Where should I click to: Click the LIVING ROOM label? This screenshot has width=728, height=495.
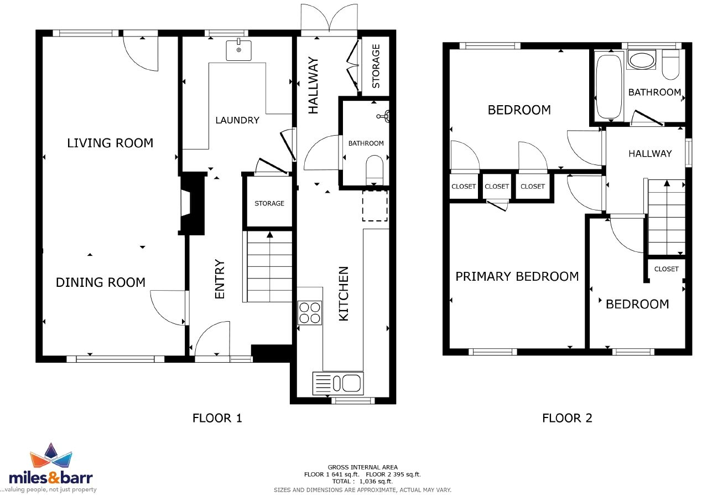click(110, 143)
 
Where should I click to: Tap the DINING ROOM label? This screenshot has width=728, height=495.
click(101, 282)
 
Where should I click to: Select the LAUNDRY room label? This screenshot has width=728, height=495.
click(237, 120)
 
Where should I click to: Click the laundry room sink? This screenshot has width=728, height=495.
click(238, 50)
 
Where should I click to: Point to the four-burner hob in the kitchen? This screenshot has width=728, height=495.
click(310, 313)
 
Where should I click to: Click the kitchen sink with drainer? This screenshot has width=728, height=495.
click(338, 383)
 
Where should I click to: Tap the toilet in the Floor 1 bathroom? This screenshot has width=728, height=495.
click(375, 171)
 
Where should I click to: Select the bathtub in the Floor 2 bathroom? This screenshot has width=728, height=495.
click(609, 87)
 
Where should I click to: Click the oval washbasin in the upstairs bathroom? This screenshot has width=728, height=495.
click(642, 60)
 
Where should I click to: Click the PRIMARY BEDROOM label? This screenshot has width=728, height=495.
click(517, 276)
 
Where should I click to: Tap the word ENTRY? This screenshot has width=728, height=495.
click(220, 279)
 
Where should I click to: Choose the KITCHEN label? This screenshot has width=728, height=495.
click(344, 293)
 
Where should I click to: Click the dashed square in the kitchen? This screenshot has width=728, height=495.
click(375, 206)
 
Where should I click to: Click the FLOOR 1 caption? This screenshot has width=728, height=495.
click(217, 418)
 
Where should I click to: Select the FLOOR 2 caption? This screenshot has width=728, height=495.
click(567, 418)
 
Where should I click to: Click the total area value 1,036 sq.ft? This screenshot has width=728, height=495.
click(376, 481)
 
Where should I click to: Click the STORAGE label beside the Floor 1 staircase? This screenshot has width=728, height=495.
click(269, 204)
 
